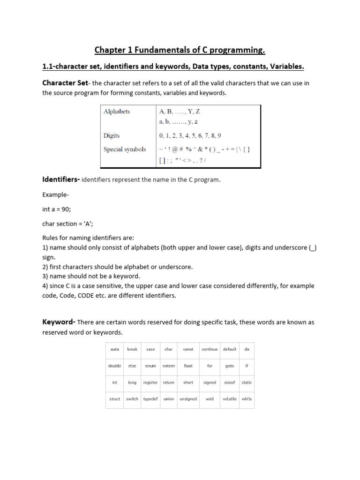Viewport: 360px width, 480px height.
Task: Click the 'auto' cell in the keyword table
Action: [x=115, y=349]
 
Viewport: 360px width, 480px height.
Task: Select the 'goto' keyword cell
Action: [x=230, y=366]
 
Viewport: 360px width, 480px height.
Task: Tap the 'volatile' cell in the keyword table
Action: [x=230, y=399]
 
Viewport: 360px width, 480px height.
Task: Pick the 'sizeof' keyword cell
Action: [x=230, y=382]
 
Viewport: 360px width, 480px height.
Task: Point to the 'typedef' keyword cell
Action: [x=150, y=399]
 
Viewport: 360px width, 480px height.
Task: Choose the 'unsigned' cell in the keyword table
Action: [x=188, y=399]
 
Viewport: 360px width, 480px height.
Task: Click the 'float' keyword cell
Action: [x=188, y=366]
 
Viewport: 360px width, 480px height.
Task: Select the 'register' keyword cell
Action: [x=150, y=382]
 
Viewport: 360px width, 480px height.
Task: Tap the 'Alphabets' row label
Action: [x=117, y=112]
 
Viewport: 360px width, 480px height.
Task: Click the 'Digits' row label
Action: [x=112, y=135]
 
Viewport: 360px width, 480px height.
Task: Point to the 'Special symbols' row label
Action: [x=125, y=150]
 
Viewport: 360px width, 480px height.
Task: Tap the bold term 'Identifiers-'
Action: [x=61, y=180]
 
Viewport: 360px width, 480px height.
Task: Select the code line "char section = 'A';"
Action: [x=67, y=224]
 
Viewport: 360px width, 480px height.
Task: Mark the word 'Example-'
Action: [x=55, y=194]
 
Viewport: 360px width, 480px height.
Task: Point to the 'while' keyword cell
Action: [x=247, y=399]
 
